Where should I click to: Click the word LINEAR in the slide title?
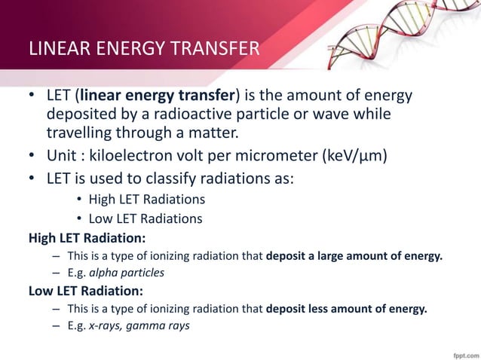pyautogui.click(x=53, y=50)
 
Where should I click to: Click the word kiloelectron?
pyautogui.click(x=125, y=158)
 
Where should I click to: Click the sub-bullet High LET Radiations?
pyautogui.click(x=146, y=200)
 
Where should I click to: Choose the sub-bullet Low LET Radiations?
pyautogui.click(x=145, y=219)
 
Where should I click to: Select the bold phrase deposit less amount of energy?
pyautogui.click(x=347, y=308)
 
